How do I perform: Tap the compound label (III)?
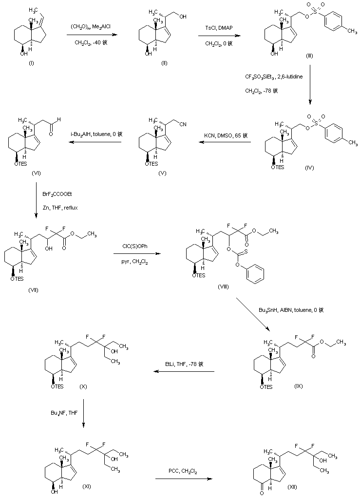pyautogui.click(x=309, y=57)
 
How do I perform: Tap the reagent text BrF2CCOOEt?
pyautogui.click(x=57, y=193)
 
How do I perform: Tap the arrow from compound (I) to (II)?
pyautogui.click(x=92, y=35)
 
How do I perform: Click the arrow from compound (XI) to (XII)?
pyautogui.click(x=184, y=479)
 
